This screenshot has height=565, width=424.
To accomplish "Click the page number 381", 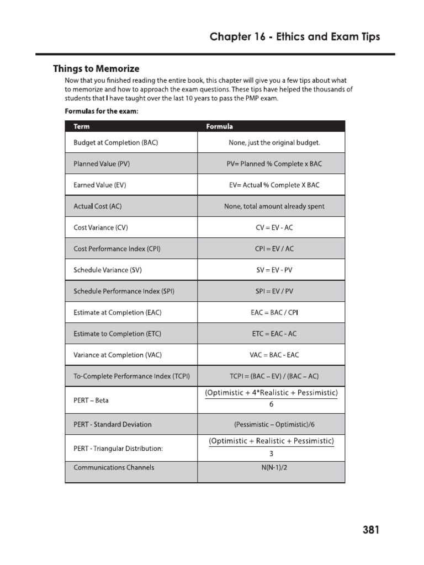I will point(371,531).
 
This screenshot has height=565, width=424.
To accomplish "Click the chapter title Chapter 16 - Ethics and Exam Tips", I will point(295,36).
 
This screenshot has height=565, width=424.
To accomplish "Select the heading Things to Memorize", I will point(96,69).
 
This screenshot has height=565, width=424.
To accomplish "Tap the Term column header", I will point(81,126).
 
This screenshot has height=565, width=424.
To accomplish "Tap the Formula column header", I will point(219,126).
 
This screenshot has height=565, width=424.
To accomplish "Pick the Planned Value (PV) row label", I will point(102,164).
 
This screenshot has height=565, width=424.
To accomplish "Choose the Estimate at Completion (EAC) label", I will point(118,312).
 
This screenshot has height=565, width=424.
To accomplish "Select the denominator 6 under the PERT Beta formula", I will point(271,404).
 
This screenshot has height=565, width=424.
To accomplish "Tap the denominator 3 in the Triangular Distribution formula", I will point(271,454).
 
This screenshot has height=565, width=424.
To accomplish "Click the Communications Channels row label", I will point(114,467).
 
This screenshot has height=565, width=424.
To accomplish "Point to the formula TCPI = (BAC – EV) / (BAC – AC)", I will point(274,376).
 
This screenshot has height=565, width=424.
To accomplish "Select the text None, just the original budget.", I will point(274,142).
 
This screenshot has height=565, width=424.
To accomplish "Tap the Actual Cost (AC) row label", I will point(97,206).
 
